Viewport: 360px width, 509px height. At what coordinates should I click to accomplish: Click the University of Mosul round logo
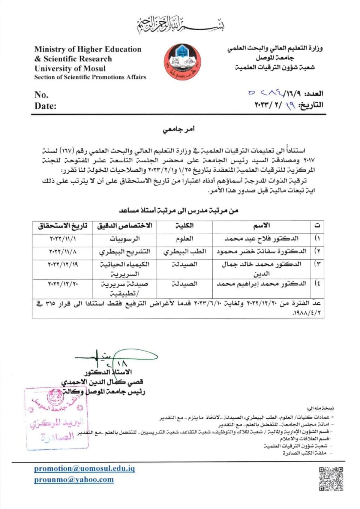(x=182, y=61)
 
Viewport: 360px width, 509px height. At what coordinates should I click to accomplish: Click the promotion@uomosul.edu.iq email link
(x=84, y=469)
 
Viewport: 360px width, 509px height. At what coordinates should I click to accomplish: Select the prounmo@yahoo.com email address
(x=74, y=479)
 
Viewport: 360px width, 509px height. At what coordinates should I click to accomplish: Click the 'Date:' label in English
(x=45, y=106)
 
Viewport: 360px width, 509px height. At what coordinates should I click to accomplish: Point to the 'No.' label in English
(x=41, y=94)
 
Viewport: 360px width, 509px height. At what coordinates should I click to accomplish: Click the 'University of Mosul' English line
(x=70, y=68)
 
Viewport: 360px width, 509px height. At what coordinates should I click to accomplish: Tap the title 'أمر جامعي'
(x=179, y=130)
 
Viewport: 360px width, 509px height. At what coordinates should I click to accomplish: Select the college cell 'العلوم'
(x=184, y=239)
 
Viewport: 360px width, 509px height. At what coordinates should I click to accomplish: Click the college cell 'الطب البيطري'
(x=184, y=252)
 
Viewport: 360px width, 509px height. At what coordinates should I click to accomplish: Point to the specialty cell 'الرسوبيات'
(x=124, y=239)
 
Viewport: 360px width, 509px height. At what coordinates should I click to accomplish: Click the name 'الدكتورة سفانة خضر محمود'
(x=262, y=252)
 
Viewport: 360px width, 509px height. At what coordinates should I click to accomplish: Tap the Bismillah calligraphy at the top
(x=180, y=25)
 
